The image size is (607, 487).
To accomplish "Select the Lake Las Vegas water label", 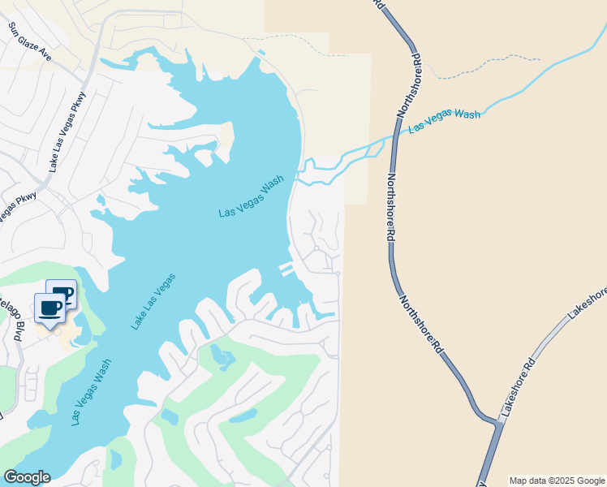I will [x=153, y=301].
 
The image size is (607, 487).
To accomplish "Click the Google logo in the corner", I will [x=26, y=477].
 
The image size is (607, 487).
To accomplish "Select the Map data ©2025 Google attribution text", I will [x=557, y=481].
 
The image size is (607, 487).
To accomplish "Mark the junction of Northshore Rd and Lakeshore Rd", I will [x=497, y=422].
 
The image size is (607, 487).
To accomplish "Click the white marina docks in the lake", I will [x=286, y=269].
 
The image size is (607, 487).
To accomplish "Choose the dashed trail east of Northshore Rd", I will [x=487, y=65].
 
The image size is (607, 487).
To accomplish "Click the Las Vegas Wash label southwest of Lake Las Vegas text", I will [x=90, y=394].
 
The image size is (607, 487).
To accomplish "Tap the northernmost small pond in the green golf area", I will [x=217, y=354].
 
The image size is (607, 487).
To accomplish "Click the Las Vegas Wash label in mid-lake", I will [x=251, y=197].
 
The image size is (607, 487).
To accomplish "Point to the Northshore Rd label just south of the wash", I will [x=390, y=209].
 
